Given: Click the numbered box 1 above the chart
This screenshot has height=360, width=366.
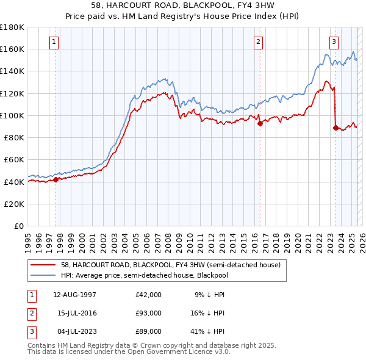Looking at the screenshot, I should tap(55, 42).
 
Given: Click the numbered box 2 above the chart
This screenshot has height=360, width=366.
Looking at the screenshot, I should tap(259, 42).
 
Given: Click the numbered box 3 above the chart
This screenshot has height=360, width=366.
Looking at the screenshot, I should tap(334, 42).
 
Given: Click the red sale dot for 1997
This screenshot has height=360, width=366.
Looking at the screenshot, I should tap(56, 179).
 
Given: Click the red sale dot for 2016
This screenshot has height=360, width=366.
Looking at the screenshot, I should tap(260, 123).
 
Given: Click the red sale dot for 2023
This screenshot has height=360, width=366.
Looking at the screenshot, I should tap(335, 128).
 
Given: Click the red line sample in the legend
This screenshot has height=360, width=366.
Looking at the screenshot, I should tap(43, 265).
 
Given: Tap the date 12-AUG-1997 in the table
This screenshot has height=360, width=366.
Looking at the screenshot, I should tap(74, 295).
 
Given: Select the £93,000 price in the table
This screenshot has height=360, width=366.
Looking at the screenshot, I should tap(149, 313).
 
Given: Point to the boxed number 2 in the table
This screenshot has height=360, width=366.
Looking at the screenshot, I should tap(30, 313).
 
